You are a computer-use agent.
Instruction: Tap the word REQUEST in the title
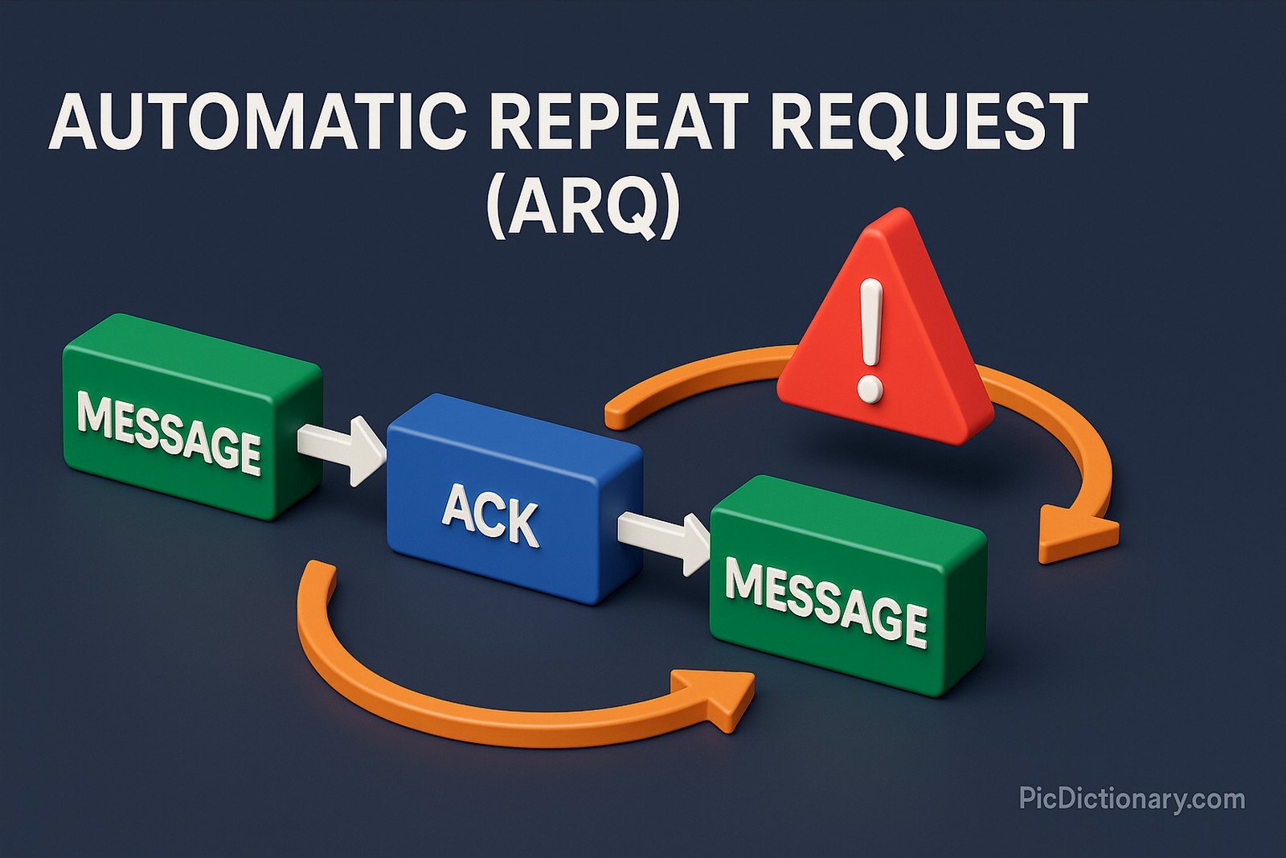coord(928,122)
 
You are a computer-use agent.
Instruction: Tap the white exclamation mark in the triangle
coord(870,338)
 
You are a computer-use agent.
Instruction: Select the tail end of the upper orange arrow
coord(615,414)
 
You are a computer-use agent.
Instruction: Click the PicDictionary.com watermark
coord(1132,798)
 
